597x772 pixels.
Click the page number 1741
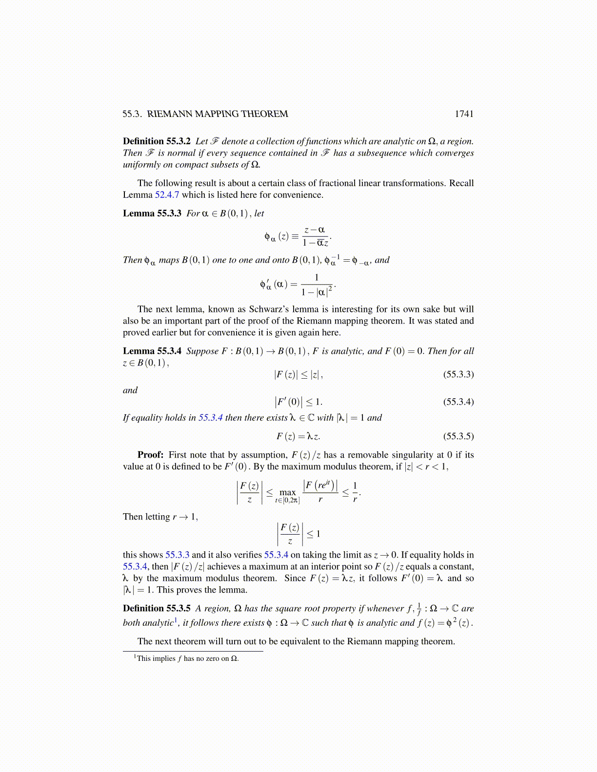463,114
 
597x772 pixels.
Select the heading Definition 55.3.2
157,141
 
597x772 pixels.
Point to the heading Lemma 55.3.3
152,213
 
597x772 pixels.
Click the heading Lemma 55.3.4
152,351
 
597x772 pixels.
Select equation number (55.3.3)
458,374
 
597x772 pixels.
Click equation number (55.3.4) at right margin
458,402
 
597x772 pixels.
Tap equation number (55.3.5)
458,436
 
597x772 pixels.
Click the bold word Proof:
150,455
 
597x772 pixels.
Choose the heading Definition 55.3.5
157,608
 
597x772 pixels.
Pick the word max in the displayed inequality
287,492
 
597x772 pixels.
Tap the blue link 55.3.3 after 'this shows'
177,555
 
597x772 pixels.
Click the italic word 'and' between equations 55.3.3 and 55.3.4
130,390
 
